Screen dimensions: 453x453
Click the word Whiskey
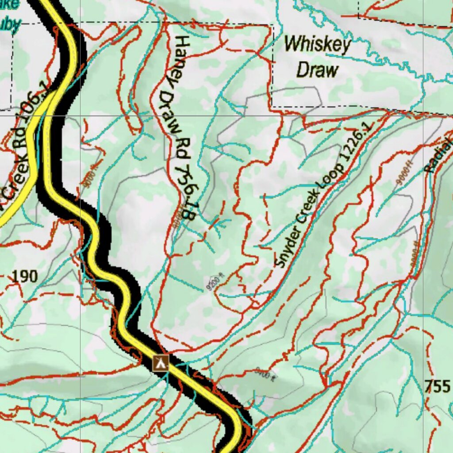(x=317, y=44)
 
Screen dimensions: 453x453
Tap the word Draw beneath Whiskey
(x=317, y=70)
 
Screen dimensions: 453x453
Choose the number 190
(x=24, y=276)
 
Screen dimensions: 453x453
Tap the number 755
(x=437, y=386)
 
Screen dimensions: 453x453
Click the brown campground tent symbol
(x=160, y=363)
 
